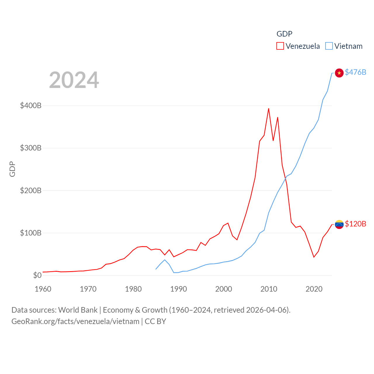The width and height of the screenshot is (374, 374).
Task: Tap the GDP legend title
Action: point(284,34)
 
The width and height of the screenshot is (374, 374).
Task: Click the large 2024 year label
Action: point(74,80)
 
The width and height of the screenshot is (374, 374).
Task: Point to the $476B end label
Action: point(355,72)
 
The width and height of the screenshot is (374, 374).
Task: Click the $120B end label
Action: point(355,224)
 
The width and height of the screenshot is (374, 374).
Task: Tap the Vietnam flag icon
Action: point(339,73)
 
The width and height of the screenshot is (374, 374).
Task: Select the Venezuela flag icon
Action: point(339,224)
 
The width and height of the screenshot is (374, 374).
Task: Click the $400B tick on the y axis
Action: point(31,105)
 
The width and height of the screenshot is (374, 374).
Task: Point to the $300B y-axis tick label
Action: point(31,148)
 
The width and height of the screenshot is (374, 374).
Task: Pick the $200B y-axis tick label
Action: point(31,191)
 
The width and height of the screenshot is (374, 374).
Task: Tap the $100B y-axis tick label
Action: point(31,233)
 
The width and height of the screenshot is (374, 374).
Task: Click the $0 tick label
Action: point(37,275)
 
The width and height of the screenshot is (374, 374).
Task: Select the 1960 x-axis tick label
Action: point(43,289)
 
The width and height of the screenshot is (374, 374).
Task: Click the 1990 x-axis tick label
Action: point(179,289)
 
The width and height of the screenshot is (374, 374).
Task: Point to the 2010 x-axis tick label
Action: point(269,289)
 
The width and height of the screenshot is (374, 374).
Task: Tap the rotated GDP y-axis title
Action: point(12,169)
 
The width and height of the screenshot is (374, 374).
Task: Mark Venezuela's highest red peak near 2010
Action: point(269,109)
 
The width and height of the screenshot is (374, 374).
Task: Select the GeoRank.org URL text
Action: point(75,321)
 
